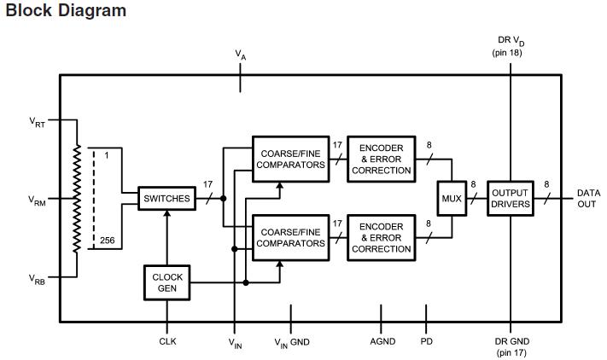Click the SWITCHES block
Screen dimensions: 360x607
point(166,198)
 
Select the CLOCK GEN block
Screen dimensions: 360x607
point(167,283)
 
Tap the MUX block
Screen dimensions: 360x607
point(452,198)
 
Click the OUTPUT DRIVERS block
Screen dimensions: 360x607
point(511,198)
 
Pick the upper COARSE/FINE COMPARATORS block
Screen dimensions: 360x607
point(292,159)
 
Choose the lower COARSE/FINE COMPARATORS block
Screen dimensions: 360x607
point(292,237)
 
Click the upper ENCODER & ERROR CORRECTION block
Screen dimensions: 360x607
point(381,159)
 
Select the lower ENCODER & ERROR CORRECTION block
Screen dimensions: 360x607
point(381,237)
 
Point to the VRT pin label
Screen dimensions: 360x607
point(37,122)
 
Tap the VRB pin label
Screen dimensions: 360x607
point(37,279)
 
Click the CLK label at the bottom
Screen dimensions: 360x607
point(168,341)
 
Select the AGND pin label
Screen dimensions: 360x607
point(382,341)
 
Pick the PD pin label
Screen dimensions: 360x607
point(427,341)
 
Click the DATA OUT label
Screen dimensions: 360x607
point(588,199)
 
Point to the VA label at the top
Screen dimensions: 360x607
point(241,54)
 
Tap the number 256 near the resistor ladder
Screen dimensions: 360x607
point(107,241)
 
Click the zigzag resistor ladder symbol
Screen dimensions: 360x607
point(77,198)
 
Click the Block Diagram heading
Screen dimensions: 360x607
point(66,11)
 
